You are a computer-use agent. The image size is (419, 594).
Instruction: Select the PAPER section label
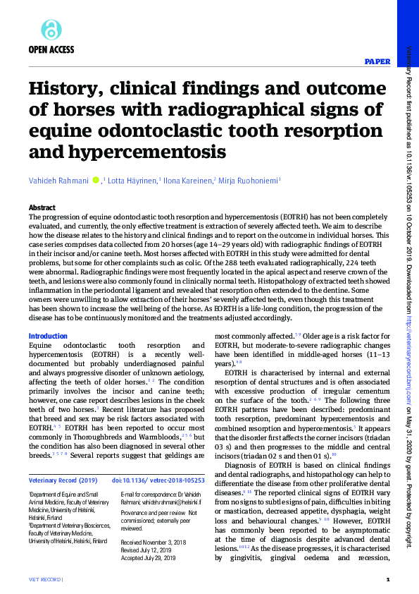(x=377, y=61)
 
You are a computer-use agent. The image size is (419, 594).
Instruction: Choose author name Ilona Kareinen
(x=187, y=181)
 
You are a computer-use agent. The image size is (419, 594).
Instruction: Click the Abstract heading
(x=42, y=207)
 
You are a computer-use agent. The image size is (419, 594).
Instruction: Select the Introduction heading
(x=48, y=337)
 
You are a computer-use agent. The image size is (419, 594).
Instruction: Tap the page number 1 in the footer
(x=388, y=580)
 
